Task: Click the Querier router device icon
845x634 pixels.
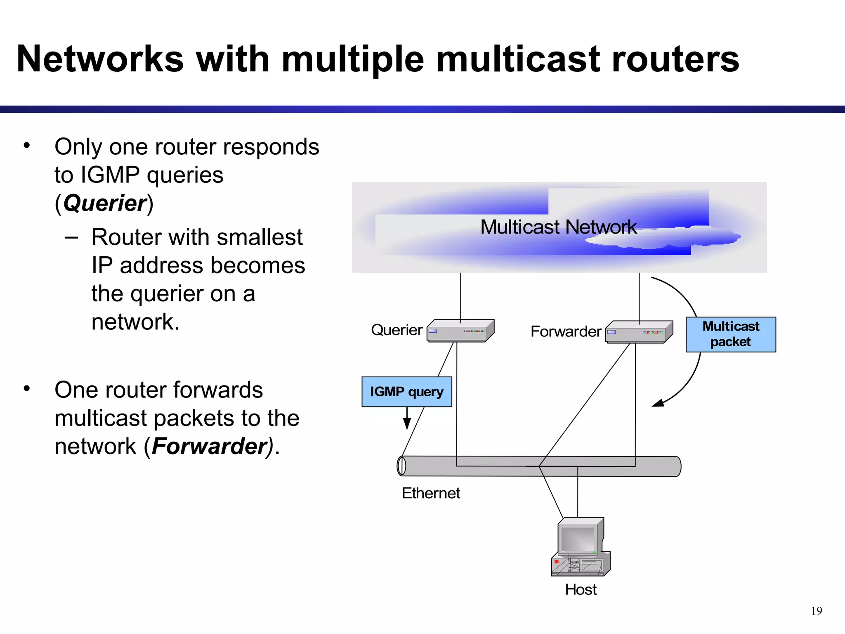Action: click(x=460, y=331)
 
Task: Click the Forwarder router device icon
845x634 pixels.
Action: click(x=639, y=332)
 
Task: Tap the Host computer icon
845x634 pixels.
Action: click(x=581, y=546)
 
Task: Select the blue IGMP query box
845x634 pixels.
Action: click(x=407, y=392)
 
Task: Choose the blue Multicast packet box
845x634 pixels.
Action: click(x=731, y=334)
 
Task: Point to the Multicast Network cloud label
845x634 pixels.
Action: click(x=558, y=227)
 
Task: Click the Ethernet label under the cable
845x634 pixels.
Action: click(x=431, y=493)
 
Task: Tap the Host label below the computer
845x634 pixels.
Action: click(x=581, y=589)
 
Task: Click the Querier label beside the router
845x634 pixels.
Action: click(x=397, y=330)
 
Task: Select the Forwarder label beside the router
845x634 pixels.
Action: click(x=566, y=331)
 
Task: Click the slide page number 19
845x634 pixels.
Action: click(x=817, y=611)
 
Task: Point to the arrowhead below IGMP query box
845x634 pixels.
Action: click(x=407, y=424)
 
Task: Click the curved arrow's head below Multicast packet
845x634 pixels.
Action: click(x=657, y=403)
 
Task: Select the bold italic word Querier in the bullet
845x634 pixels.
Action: click(x=105, y=203)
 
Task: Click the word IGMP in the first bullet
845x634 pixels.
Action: click(x=110, y=175)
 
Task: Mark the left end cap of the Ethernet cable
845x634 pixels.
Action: click(x=401, y=466)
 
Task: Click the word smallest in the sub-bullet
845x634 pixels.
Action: click(x=260, y=237)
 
